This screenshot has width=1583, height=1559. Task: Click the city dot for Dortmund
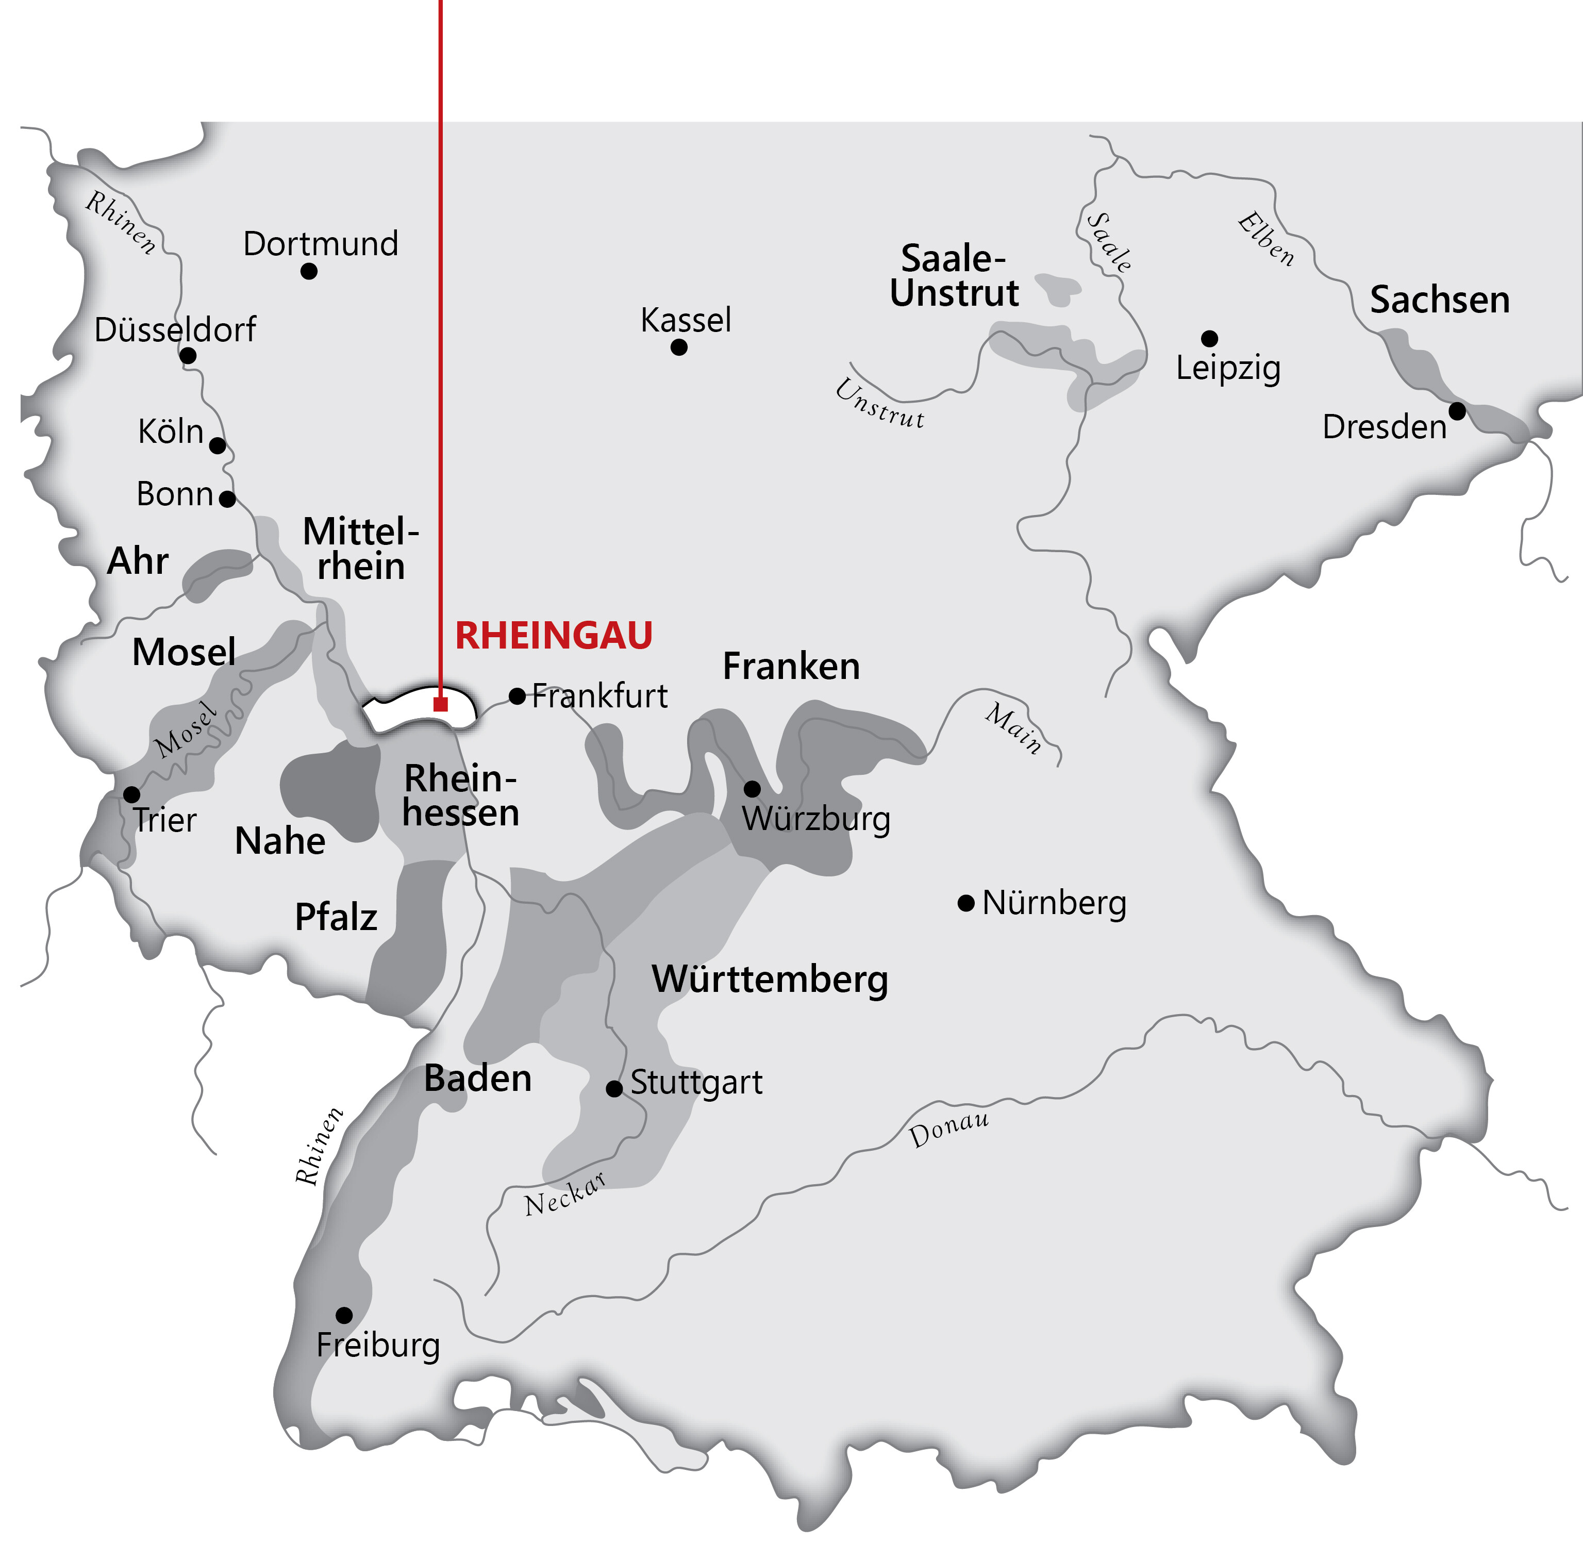pyautogui.click(x=309, y=271)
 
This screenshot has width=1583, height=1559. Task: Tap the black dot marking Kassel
pyautogui.click(x=678, y=347)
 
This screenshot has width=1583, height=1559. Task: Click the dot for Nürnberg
pyautogui.click(x=966, y=903)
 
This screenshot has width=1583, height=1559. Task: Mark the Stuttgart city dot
pyautogui.click(x=614, y=1088)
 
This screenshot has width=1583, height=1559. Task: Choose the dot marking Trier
pyautogui.click(x=131, y=794)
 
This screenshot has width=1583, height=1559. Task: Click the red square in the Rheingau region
pyautogui.click(x=440, y=704)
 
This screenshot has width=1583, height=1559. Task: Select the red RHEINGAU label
pyautogui.click(x=553, y=636)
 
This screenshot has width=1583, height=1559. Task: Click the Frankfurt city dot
pyautogui.click(x=518, y=696)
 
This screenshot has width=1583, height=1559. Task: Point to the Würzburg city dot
pyautogui.click(x=752, y=788)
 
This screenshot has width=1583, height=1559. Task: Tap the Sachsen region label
pyautogui.click(x=1439, y=300)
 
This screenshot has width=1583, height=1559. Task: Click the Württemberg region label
pyautogui.click(x=770, y=980)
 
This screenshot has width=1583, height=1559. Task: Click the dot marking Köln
pyautogui.click(x=218, y=445)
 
